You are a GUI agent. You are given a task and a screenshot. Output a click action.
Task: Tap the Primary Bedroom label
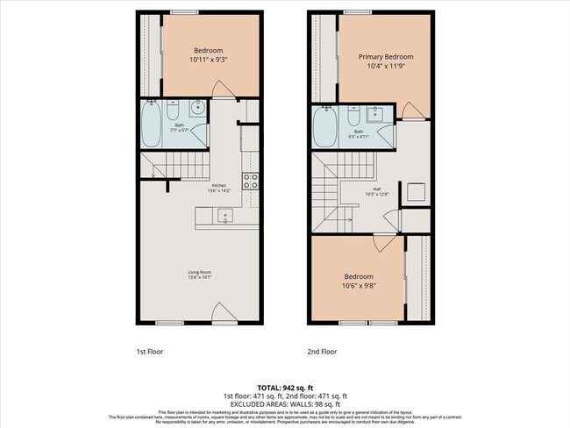pyautogui.click(x=386, y=57)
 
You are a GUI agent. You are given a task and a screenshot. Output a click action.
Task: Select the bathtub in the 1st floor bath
pyautogui.click(x=150, y=125)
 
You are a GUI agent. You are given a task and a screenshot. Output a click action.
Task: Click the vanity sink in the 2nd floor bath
pyautogui.click(x=379, y=113)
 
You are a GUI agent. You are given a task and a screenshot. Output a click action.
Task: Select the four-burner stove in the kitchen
pyautogui.click(x=250, y=182)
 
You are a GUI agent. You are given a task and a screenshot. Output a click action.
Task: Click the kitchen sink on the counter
pyautogui.click(x=224, y=215)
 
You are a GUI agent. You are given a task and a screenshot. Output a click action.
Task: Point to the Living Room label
pyautogui.click(x=200, y=272)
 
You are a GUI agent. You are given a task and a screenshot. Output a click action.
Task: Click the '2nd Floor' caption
pyautogui.click(x=322, y=351)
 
